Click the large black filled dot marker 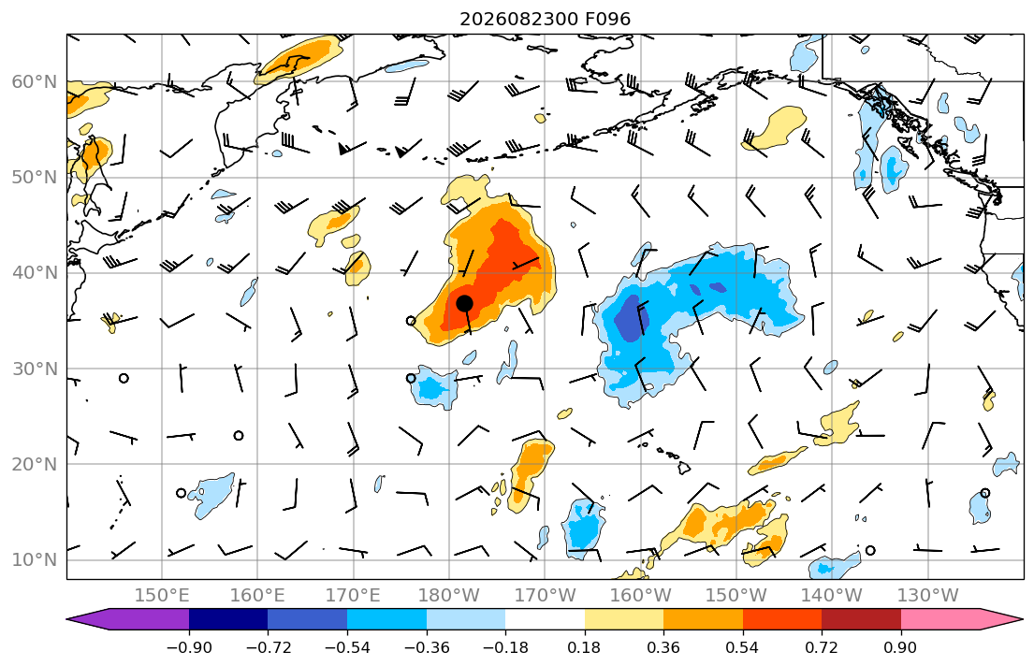click(x=464, y=303)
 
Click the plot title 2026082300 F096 click(x=546, y=19)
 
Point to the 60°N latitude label click(x=35, y=81)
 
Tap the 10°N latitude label click(x=35, y=560)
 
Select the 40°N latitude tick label click(x=35, y=273)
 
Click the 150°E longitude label click(x=162, y=596)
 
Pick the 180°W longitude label click(x=449, y=596)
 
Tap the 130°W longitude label click(x=928, y=596)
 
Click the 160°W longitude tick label click(x=640, y=596)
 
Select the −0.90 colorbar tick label click(x=189, y=647)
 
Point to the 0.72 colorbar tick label click(x=822, y=647)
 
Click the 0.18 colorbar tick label click(x=584, y=647)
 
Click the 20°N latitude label click(x=35, y=464)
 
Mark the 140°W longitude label click(x=832, y=596)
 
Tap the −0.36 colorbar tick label click(x=426, y=647)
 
